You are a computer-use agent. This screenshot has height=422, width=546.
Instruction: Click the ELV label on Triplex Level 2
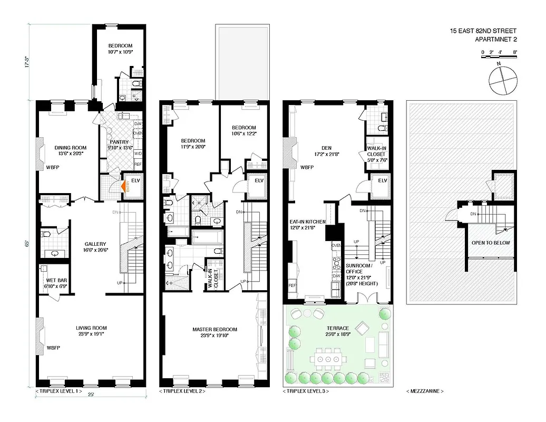[x=259, y=180]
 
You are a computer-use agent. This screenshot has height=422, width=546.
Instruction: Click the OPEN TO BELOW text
[x=486, y=243]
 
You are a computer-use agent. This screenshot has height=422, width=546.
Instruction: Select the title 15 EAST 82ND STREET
[x=483, y=31]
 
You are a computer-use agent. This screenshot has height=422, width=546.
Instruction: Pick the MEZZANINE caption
[x=425, y=391]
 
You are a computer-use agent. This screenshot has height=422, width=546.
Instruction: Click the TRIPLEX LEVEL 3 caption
[x=306, y=391]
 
